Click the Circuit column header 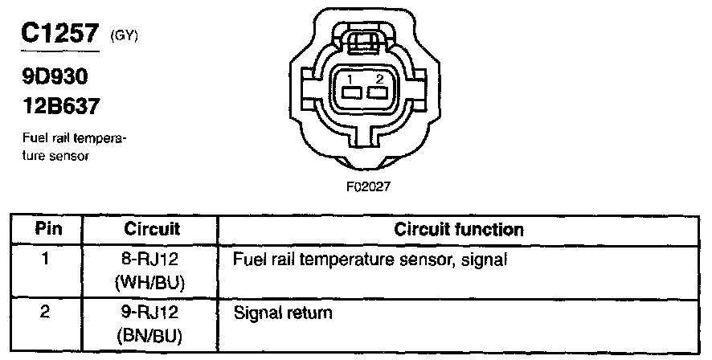(151, 230)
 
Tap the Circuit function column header (459, 230)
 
